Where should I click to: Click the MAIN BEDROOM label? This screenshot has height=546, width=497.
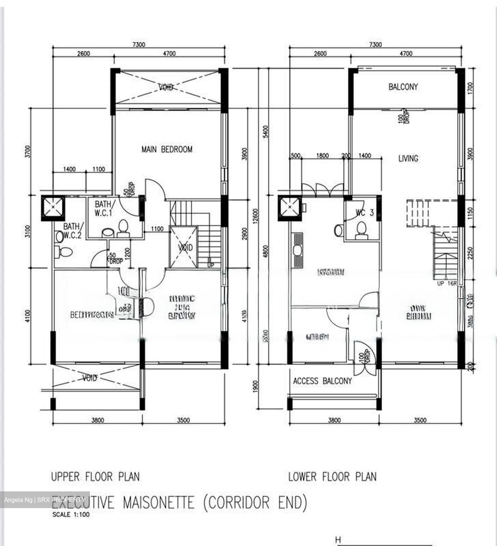(167, 149)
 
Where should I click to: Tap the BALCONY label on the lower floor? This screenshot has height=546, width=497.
(403, 87)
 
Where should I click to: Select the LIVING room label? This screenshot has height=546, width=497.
(408, 158)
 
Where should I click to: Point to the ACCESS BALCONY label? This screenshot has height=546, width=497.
(322, 381)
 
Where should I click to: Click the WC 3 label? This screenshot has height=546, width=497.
(364, 213)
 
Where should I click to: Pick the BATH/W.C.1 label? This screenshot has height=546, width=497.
(104, 209)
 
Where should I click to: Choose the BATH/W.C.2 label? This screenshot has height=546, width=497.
(72, 231)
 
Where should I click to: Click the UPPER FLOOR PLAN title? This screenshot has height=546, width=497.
(95, 476)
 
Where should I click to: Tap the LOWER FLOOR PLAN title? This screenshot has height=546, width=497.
(332, 476)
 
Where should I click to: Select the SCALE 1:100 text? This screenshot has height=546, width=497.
(71, 515)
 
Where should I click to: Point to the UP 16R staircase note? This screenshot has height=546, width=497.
(447, 283)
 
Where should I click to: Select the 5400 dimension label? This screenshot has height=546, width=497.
(265, 132)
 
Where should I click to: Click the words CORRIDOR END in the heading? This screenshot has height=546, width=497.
(255, 502)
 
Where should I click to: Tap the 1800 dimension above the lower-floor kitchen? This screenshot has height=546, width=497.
(322, 155)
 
